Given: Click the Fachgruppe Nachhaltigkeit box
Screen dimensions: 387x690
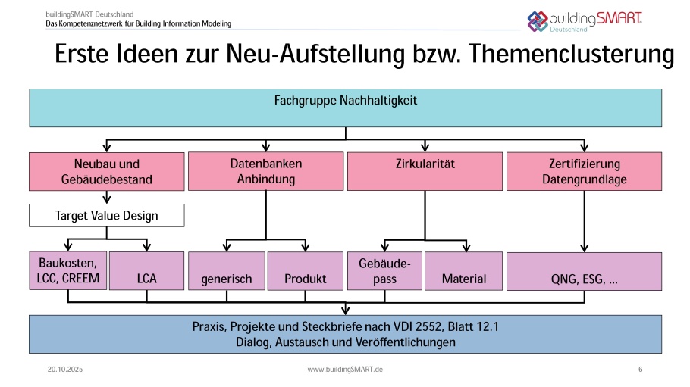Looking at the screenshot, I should (345, 108).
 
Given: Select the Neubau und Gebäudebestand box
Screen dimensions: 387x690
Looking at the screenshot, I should (107, 172).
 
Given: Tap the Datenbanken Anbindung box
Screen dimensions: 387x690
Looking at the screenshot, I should (265, 171).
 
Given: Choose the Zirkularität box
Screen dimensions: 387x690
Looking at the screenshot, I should (425, 171).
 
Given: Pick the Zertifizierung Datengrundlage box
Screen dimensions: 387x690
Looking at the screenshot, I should (583, 171).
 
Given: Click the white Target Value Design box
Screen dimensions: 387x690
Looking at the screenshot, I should (107, 216).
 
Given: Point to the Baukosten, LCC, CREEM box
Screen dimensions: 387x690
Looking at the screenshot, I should (68, 270).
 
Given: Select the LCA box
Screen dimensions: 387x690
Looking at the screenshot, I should (147, 271).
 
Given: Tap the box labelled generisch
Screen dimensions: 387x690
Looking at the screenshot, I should (227, 271).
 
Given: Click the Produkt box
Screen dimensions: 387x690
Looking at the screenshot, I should (306, 271).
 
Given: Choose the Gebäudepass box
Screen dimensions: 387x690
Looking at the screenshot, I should (384, 270).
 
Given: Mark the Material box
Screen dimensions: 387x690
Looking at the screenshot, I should (463, 271).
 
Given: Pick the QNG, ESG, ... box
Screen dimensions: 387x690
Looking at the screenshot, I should (583, 271).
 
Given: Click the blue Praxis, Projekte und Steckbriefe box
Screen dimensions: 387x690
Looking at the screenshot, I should (345, 334).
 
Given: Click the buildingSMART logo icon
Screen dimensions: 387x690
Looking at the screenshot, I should (538, 20).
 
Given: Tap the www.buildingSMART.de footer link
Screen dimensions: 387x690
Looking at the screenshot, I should (345, 369).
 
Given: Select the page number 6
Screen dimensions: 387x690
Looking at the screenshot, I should (641, 369).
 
